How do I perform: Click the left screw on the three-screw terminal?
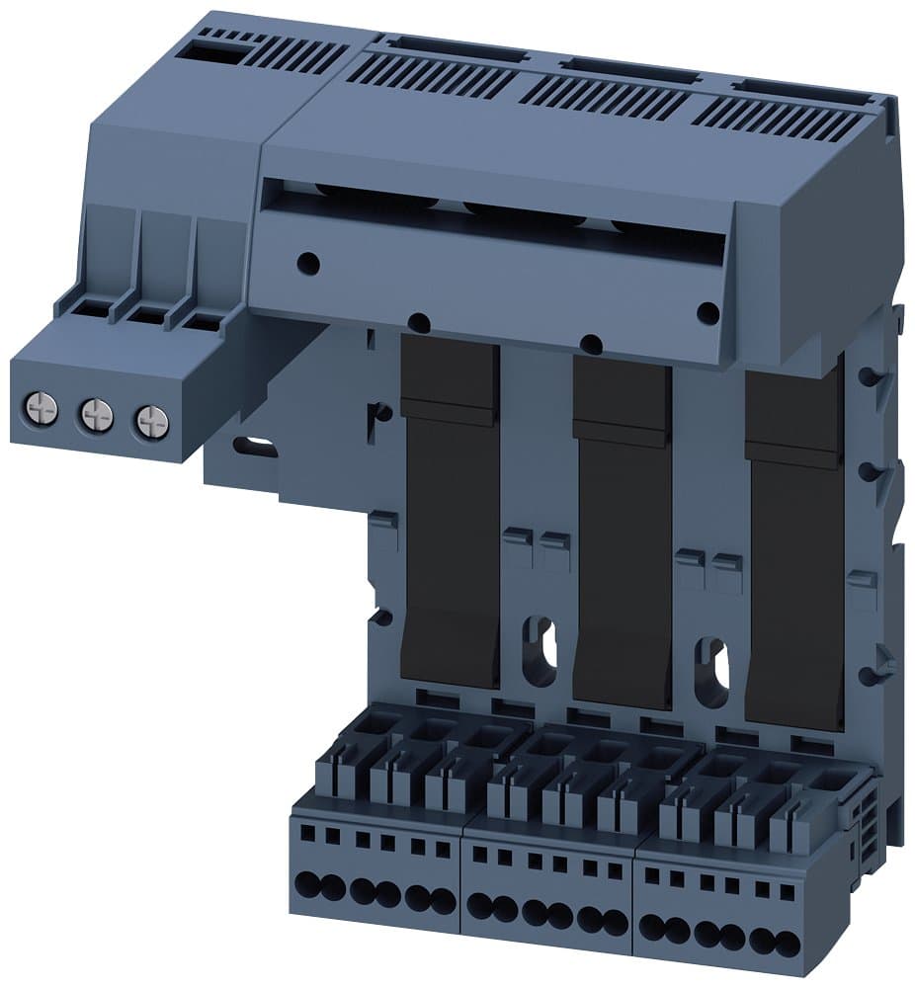(x=41, y=407)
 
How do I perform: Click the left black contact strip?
(x=451, y=514)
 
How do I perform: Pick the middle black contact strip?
(x=623, y=534)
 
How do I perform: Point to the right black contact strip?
(x=795, y=553)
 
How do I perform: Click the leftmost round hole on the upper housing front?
(x=308, y=263)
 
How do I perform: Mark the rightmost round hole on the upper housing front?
(x=707, y=313)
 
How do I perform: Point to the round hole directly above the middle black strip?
(x=591, y=344)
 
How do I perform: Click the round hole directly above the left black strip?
(x=419, y=322)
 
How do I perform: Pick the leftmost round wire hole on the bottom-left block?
(x=305, y=884)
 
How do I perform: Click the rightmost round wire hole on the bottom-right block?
(x=787, y=943)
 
